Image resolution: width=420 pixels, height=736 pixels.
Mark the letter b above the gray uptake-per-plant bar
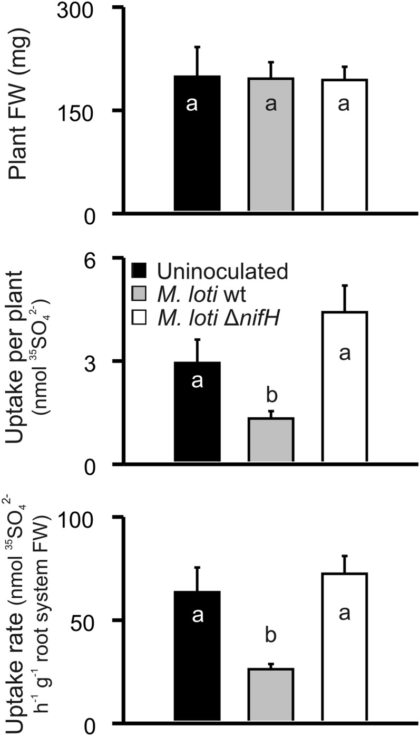[x=272, y=395]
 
